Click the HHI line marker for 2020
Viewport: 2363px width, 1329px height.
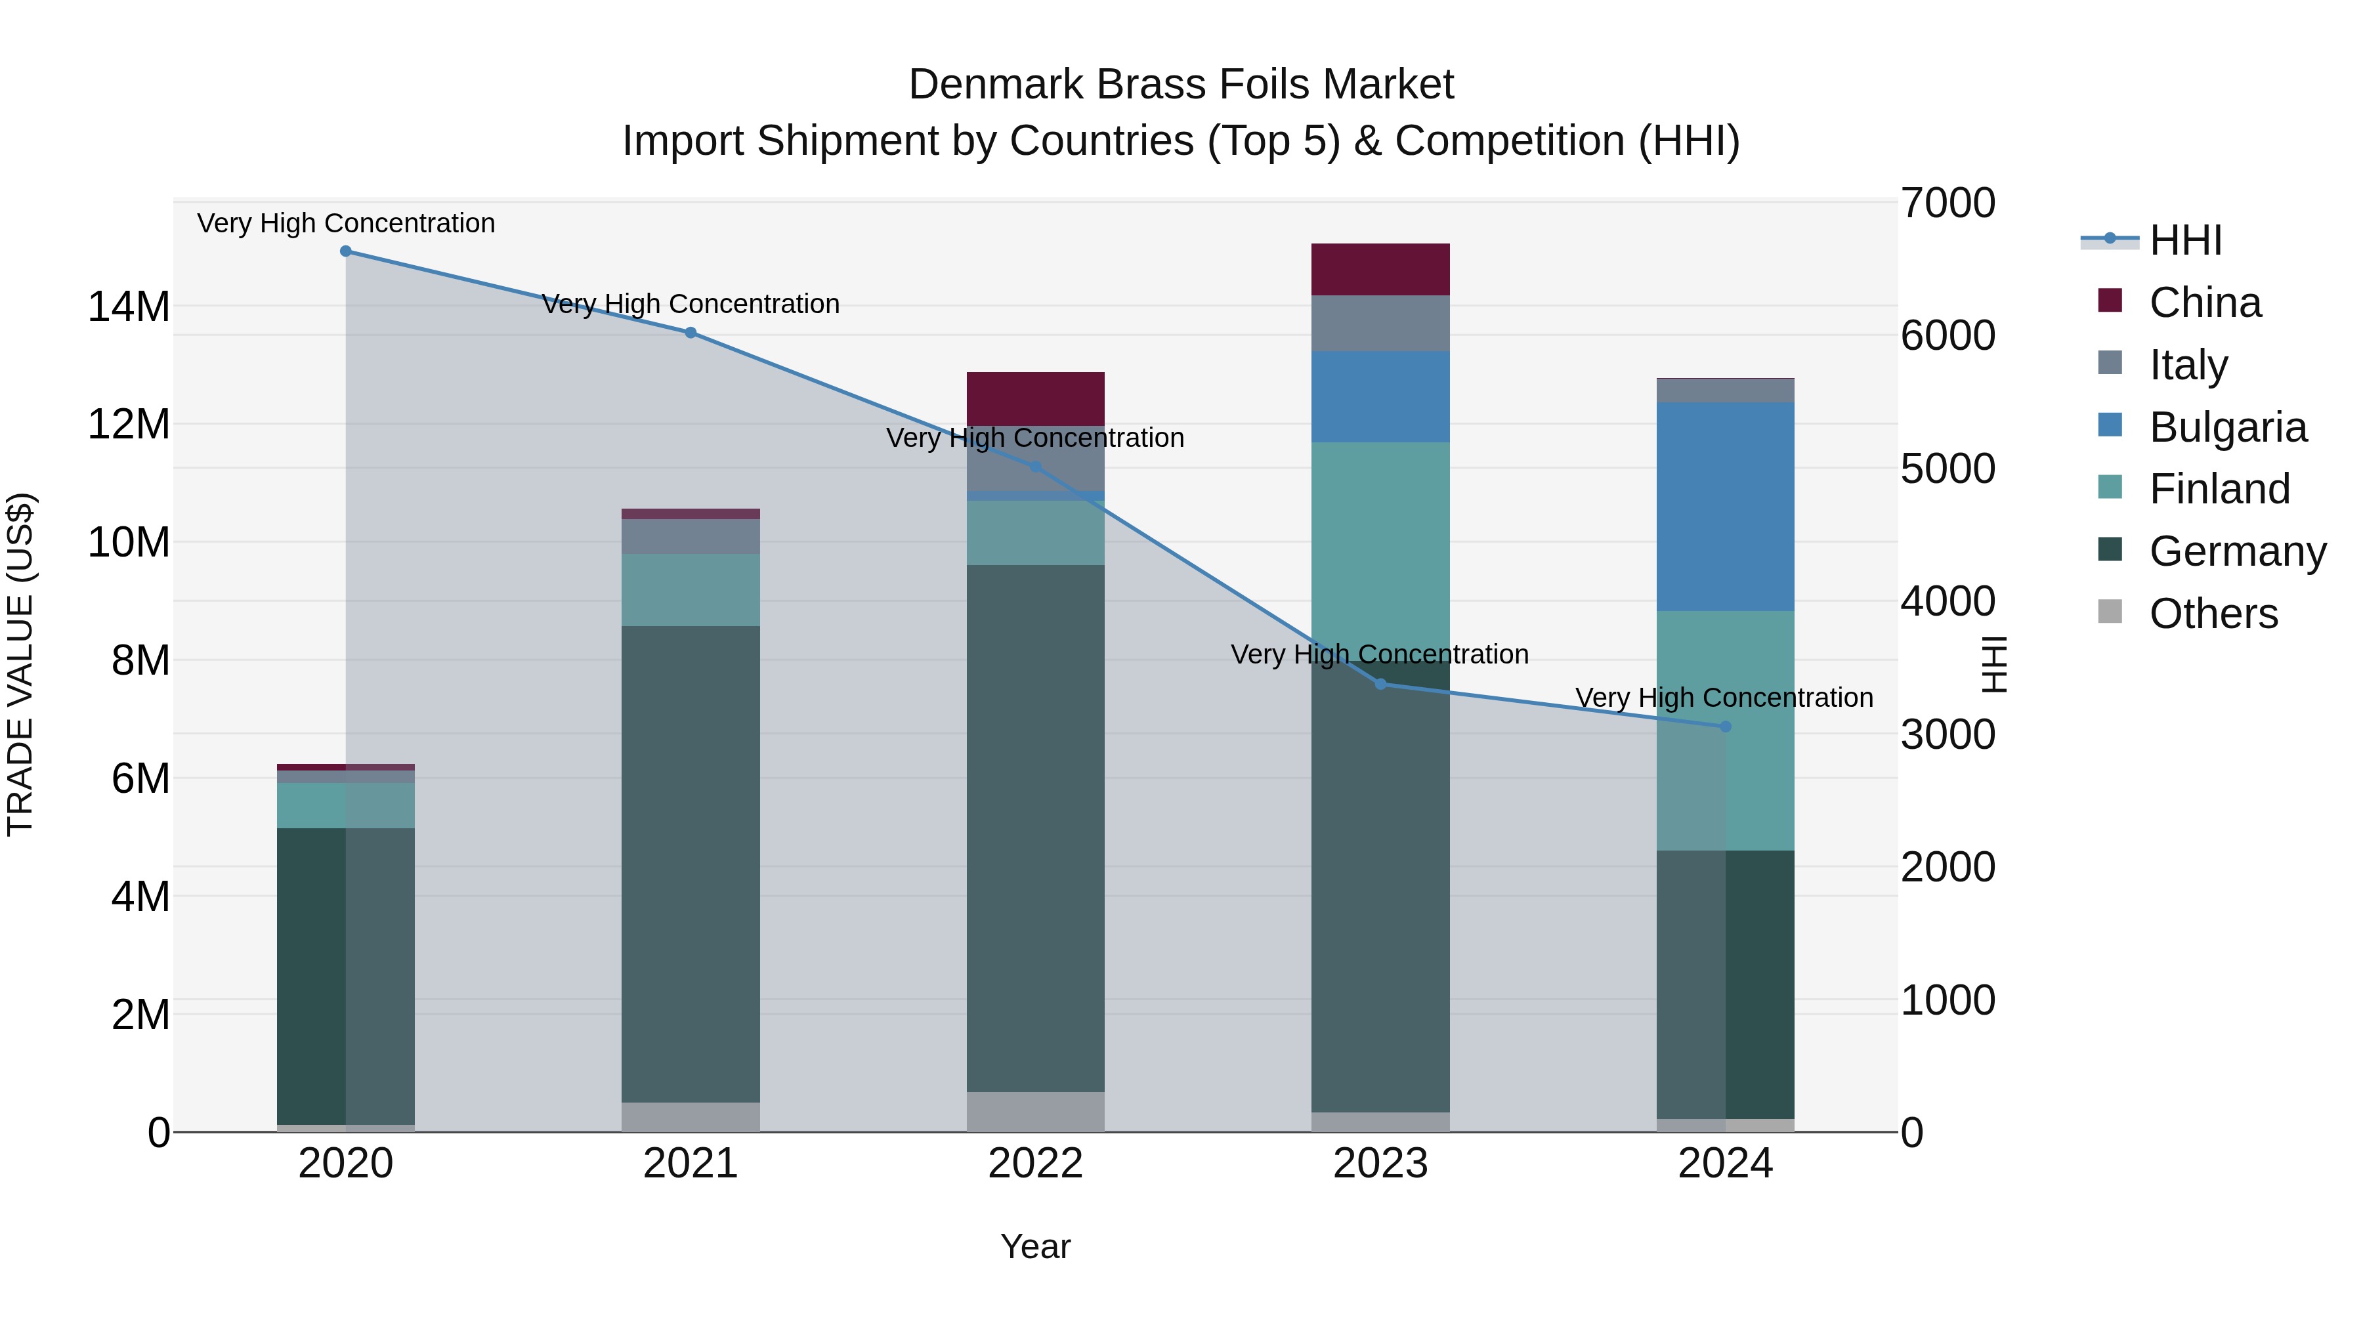pos(346,251)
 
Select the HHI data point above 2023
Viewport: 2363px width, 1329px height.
pos(1380,685)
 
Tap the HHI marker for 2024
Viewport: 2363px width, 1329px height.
pos(1726,727)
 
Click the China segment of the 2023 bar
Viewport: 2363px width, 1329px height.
pos(1380,270)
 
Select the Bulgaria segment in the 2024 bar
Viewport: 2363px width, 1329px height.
pos(1726,506)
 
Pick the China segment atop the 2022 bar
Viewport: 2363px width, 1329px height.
pos(1036,399)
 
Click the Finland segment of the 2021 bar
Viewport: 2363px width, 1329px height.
pos(691,590)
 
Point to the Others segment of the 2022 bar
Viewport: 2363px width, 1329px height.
pos(1036,1112)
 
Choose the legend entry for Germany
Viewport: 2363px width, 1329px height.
pos(2238,551)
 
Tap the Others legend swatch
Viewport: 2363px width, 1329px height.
pos(2110,612)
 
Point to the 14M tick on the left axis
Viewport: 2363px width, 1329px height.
pos(129,306)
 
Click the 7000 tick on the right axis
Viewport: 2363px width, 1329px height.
pos(1947,203)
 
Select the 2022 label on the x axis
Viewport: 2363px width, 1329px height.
pos(1036,1164)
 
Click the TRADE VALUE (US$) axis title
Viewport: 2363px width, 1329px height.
pos(20,664)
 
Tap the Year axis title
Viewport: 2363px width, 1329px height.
pos(1036,1246)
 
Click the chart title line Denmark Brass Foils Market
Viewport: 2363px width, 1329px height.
pos(1181,85)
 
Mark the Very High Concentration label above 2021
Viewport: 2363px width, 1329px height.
pos(691,304)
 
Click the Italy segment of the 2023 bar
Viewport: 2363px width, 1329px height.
pos(1380,324)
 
